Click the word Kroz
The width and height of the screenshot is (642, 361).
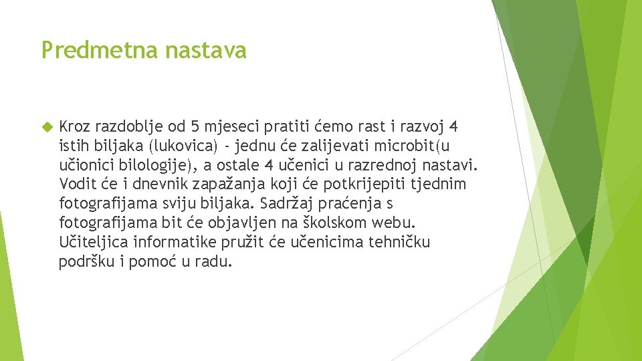75,126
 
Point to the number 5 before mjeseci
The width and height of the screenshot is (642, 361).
195,126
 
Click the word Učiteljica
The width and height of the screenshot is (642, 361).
94,242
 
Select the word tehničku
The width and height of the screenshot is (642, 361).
399,242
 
